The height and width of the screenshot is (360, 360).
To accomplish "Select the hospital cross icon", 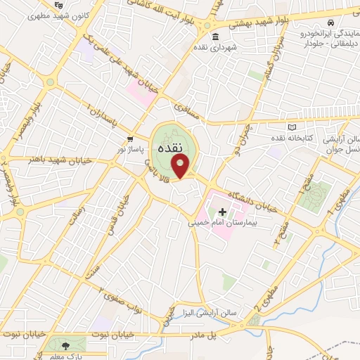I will click(222, 212).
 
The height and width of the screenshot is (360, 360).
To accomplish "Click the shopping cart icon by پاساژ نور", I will click(130, 139).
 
